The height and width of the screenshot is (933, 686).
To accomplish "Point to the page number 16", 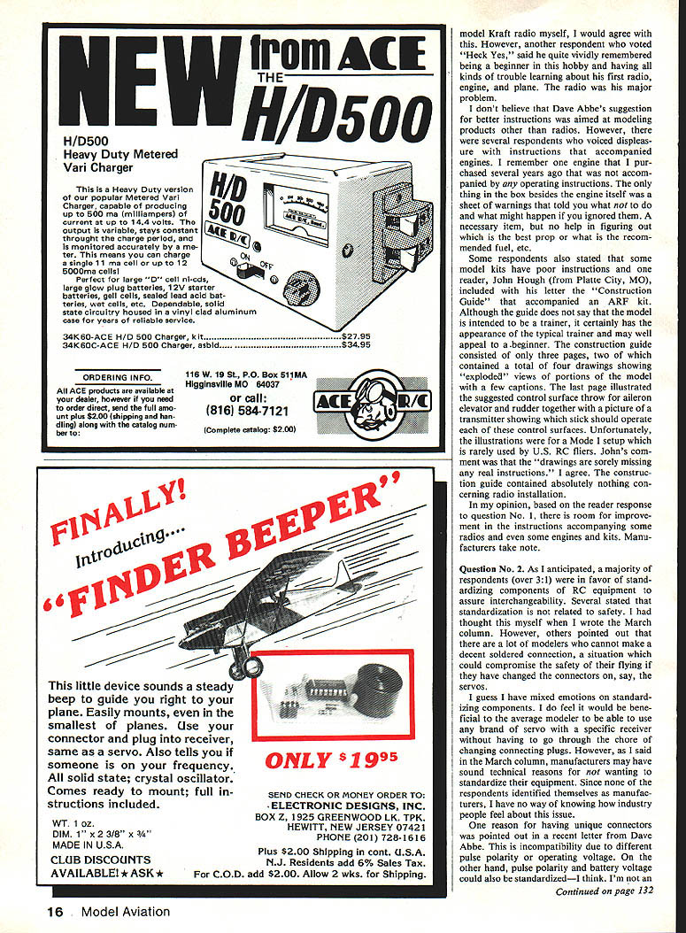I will pos(55,911).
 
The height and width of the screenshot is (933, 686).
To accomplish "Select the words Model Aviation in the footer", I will pos(125,911).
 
